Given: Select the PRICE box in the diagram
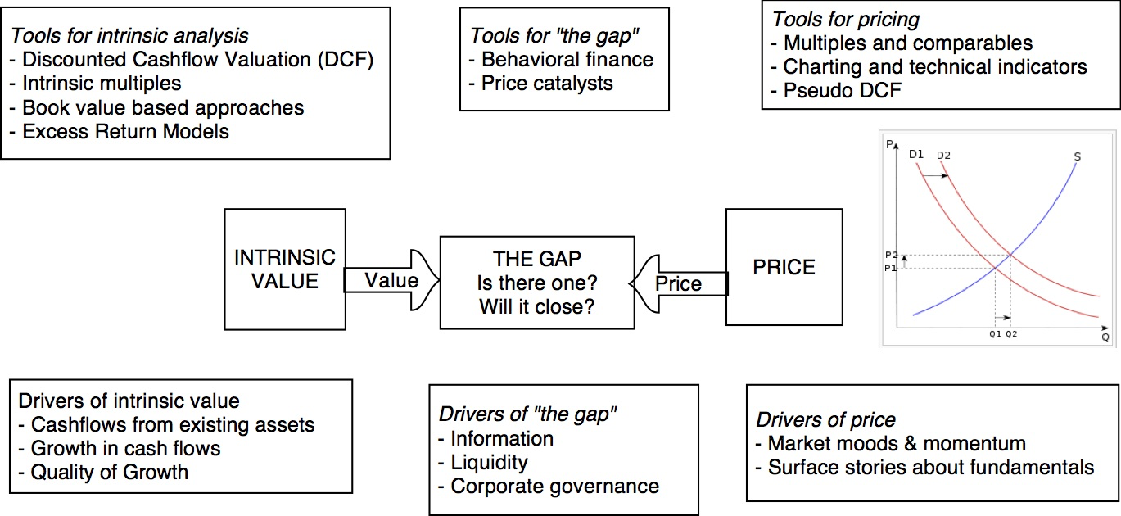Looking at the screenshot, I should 784,268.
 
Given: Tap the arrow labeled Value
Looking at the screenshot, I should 391,281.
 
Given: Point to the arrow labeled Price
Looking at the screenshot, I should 679,283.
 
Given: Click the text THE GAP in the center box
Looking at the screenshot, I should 537,259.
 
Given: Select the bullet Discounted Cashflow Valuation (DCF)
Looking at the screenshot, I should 197,60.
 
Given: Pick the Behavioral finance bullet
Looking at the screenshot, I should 567,60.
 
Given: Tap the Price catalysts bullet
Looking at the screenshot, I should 547,84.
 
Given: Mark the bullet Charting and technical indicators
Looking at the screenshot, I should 934,66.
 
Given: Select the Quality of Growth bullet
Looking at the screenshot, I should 109,472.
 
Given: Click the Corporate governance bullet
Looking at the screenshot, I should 554,486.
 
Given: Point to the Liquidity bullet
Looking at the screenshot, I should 489,462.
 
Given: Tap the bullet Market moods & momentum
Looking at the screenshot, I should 896,444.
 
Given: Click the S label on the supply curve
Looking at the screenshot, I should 1078,156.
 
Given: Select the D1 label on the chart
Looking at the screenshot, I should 916,153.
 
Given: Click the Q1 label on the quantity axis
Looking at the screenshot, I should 995,334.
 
